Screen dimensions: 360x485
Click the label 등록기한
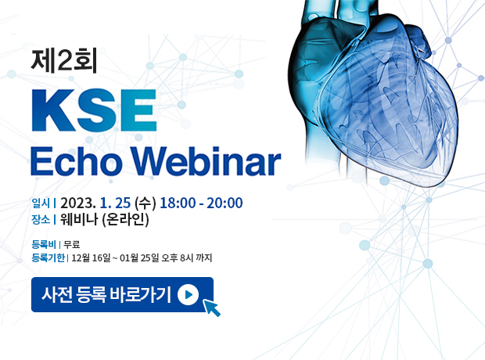click(x=48, y=257)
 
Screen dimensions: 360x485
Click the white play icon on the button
click(x=188, y=294)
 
